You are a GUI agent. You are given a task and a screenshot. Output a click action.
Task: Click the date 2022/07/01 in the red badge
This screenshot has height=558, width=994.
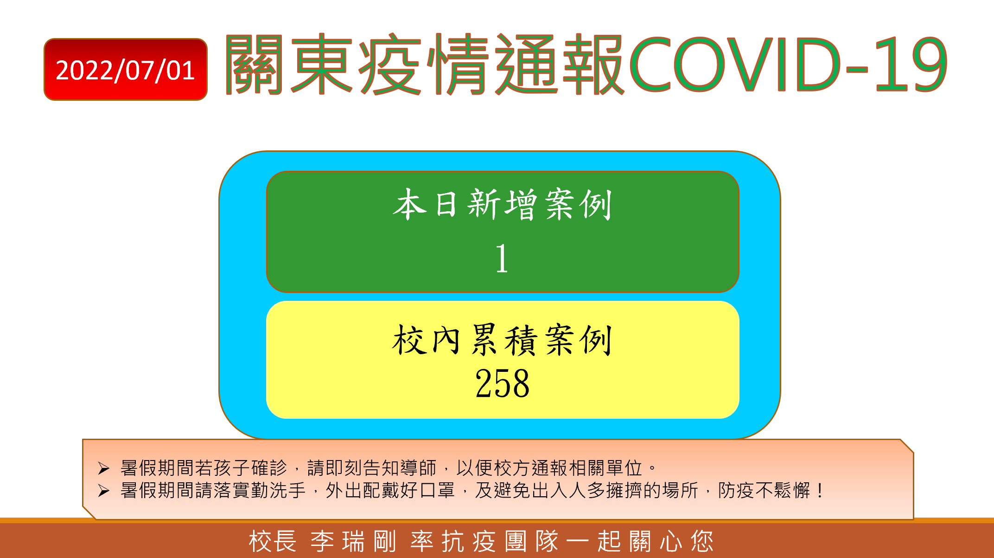click(125, 71)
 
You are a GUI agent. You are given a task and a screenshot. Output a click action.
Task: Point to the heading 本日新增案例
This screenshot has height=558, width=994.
click(503, 204)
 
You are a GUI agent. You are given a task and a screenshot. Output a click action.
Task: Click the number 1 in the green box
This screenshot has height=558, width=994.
click(502, 258)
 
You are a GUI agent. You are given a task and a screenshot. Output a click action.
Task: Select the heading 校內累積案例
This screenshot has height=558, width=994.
click(503, 340)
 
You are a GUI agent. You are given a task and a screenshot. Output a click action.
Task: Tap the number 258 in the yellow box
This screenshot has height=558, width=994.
click(502, 383)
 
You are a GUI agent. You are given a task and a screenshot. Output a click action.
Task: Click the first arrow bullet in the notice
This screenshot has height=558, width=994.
click(104, 468)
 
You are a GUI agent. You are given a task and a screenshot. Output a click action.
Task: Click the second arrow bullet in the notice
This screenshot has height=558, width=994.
click(104, 491)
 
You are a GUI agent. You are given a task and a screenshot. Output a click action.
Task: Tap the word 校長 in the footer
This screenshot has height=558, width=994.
click(273, 541)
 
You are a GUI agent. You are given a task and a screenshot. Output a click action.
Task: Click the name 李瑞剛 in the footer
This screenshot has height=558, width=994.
click(353, 541)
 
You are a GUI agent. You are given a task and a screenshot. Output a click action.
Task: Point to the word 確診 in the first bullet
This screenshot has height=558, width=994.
click(269, 468)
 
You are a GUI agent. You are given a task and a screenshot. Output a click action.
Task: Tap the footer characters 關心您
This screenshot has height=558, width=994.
click(671, 541)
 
